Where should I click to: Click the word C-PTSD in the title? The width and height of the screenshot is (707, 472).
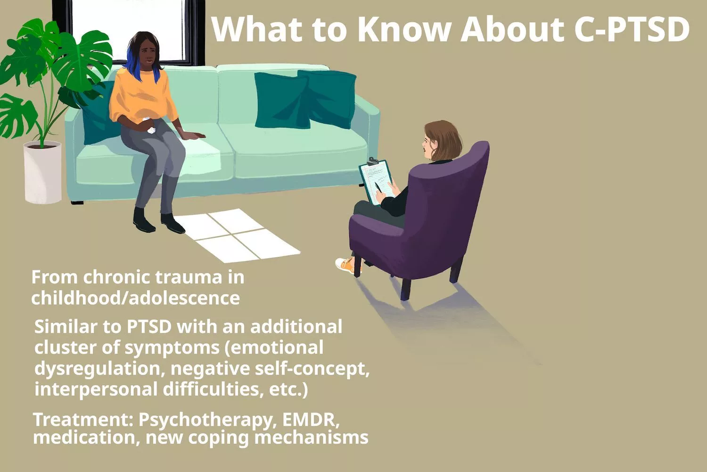coord(632,29)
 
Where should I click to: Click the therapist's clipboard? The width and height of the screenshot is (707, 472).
coord(377,182)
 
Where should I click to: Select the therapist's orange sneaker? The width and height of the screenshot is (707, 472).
coord(345,266)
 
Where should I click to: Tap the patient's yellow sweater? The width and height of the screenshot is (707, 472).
coord(141,97)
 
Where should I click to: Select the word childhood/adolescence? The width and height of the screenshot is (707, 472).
coord(135,298)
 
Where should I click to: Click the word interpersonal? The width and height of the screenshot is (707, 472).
coord(96,389)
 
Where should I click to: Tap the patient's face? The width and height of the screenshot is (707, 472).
coord(147,56)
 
